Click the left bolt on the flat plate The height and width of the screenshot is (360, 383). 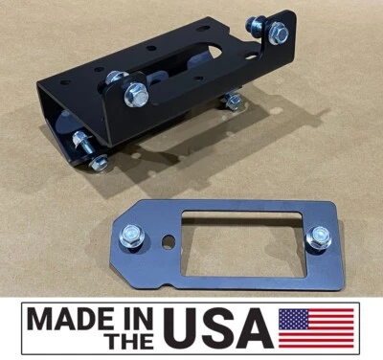point(130,235)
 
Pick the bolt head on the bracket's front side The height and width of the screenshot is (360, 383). point(136,93)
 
